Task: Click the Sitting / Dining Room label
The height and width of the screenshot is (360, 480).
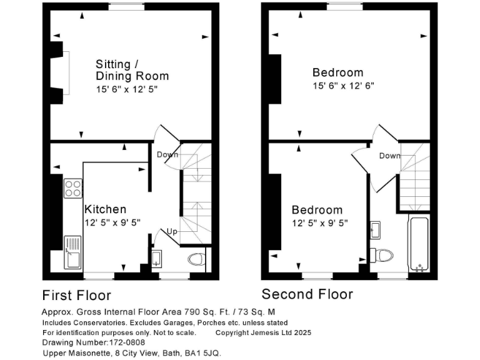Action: [x=132, y=70]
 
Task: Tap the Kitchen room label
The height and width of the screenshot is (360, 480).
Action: [x=105, y=209]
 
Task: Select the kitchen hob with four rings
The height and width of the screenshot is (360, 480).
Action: [x=72, y=188]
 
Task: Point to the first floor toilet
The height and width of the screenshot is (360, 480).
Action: [x=196, y=259]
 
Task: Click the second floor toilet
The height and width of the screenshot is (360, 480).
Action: [x=381, y=255]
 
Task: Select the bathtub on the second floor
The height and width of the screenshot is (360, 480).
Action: [x=418, y=246]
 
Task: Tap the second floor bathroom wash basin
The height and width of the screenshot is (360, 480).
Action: [x=376, y=229]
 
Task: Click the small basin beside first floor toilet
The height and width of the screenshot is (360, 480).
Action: [x=156, y=257]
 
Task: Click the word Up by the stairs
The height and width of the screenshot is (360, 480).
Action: [x=171, y=232]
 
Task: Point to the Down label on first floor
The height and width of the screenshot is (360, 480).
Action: [x=167, y=154]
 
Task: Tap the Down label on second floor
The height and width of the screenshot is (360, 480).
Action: [x=389, y=156]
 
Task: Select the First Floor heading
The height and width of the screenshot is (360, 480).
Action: [x=76, y=295]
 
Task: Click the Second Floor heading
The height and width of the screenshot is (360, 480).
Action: [x=307, y=294]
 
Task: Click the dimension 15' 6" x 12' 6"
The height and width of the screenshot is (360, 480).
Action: [x=343, y=86]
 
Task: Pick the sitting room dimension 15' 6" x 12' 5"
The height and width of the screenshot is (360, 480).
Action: [x=127, y=89]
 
